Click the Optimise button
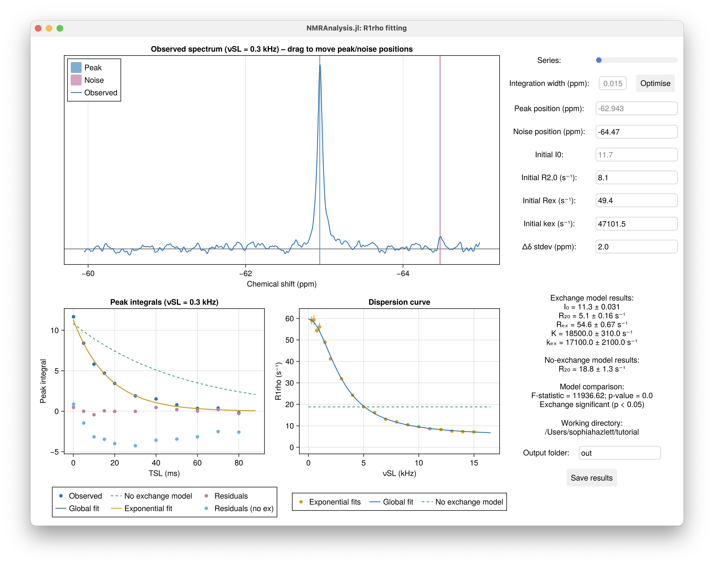[x=655, y=84]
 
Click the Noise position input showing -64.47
[x=636, y=132]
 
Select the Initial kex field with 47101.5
[x=636, y=224]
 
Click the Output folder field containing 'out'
[x=619, y=453]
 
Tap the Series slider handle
[x=599, y=60]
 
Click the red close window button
[x=38, y=28]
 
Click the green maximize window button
[x=60, y=28]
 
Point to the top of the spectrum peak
[x=319, y=66]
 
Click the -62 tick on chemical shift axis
[x=245, y=273]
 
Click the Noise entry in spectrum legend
[x=94, y=80]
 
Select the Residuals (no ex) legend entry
[x=244, y=508]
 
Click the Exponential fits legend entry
[x=334, y=502]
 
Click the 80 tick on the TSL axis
[x=238, y=463]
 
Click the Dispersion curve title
[x=399, y=302]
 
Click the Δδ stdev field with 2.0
[x=636, y=247]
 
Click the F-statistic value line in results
[x=592, y=396]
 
